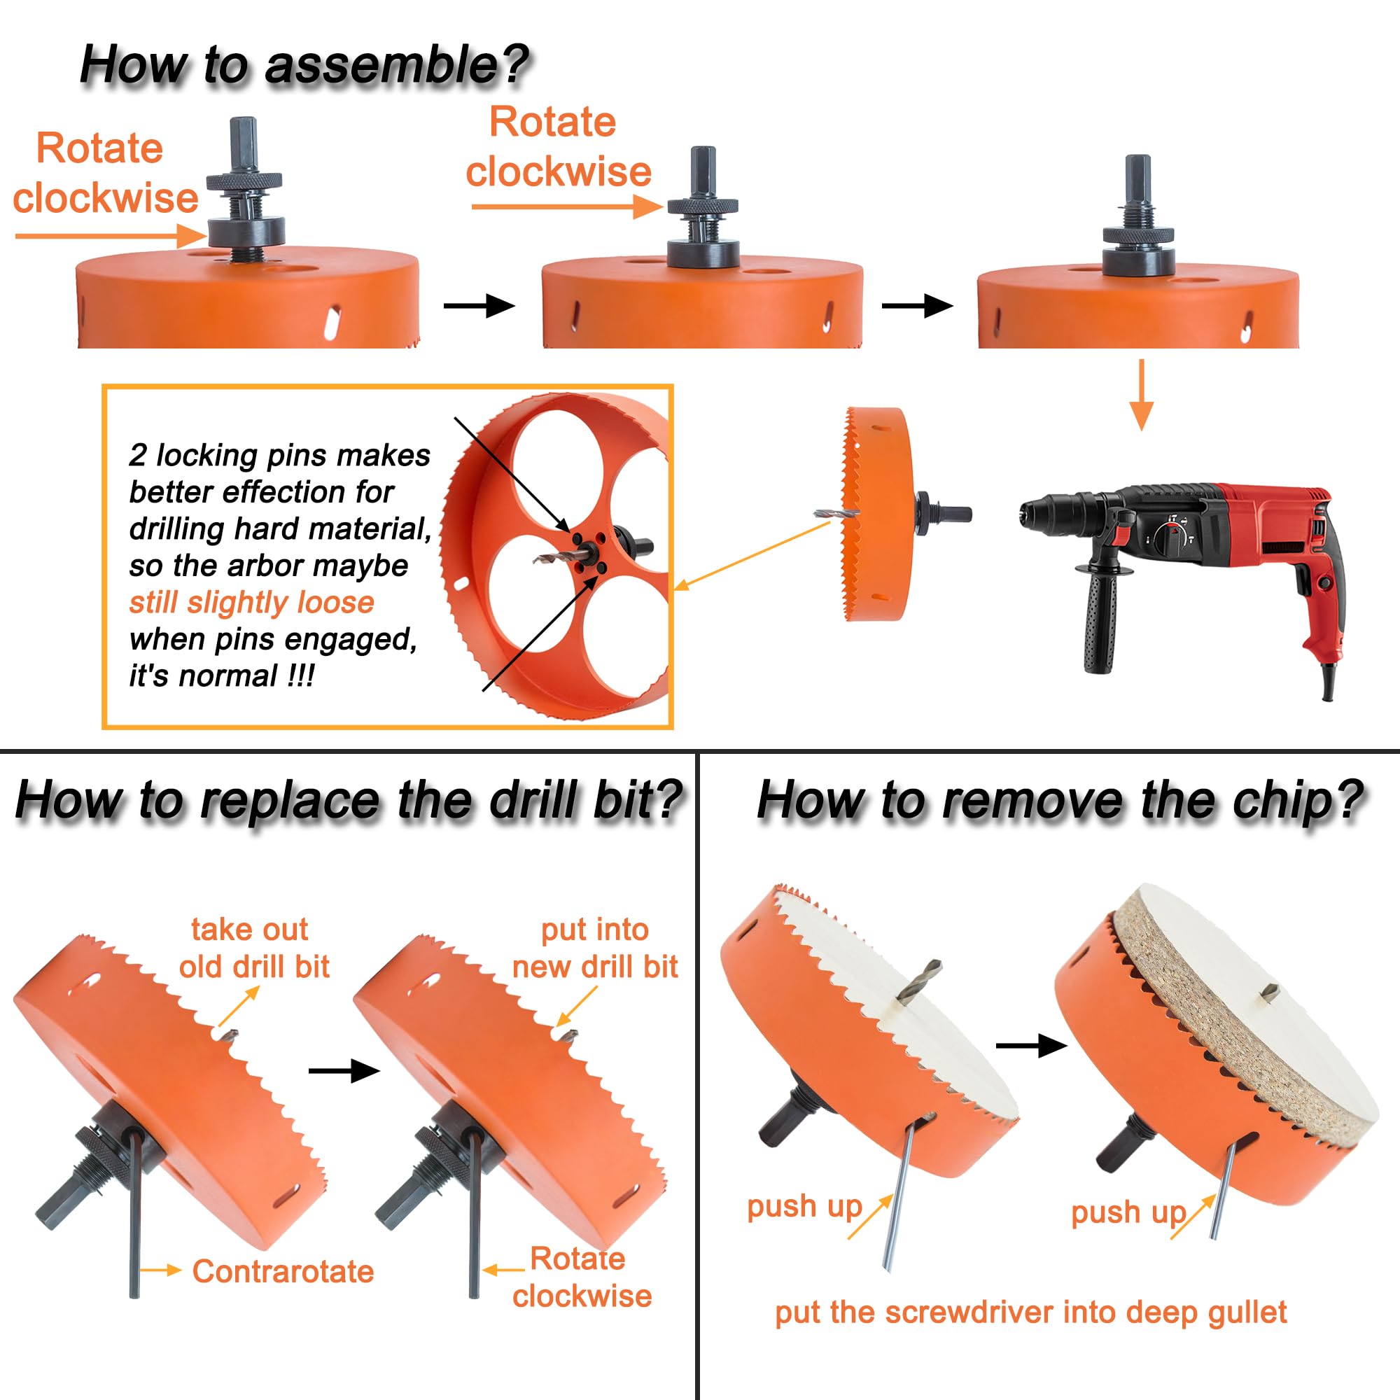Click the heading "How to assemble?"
(x=304, y=65)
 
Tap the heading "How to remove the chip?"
(x=1060, y=801)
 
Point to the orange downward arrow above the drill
(x=1141, y=395)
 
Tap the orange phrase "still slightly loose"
(x=251, y=602)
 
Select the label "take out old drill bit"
(x=253, y=948)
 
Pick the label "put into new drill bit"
(x=595, y=948)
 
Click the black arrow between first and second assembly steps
(x=479, y=306)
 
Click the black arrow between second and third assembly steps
(x=918, y=306)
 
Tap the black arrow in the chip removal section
(x=1032, y=1046)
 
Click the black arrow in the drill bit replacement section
(x=344, y=1071)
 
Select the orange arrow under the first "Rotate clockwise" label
(x=111, y=235)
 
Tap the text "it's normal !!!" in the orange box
(x=221, y=676)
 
